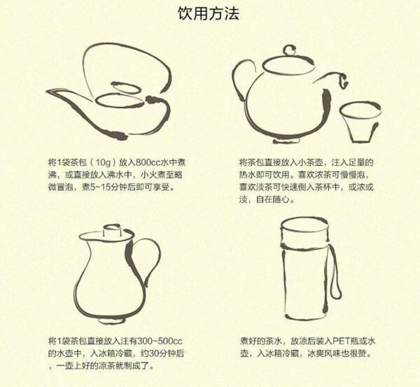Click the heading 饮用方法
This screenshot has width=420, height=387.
(x=211, y=15)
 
